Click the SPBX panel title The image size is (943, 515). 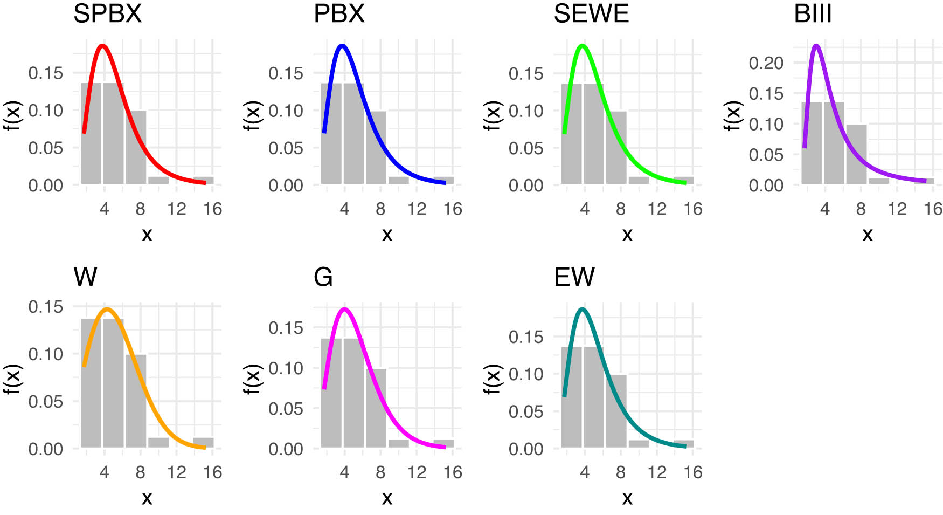click(107, 13)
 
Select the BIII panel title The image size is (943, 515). click(813, 13)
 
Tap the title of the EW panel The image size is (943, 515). click(574, 277)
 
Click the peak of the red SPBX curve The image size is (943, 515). click(102, 46)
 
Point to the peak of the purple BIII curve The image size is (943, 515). click(816, 46)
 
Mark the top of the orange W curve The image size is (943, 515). click(108, 310)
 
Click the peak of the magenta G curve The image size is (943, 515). click(345, 310)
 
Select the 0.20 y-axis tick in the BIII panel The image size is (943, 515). click(766, 63)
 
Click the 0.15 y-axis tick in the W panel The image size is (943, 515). click(45, 307)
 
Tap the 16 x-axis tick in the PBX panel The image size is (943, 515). click(453, 209)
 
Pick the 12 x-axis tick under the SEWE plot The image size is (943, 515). click(657, 209)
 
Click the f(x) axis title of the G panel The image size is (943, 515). click(252, 379)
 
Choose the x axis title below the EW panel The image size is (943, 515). click(627, 497)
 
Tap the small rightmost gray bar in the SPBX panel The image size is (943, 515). click(204, 180)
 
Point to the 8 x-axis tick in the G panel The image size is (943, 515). click(380, 473)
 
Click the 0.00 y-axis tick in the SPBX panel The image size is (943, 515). click(45, 186)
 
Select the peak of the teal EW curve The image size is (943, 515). click(582, 310)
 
